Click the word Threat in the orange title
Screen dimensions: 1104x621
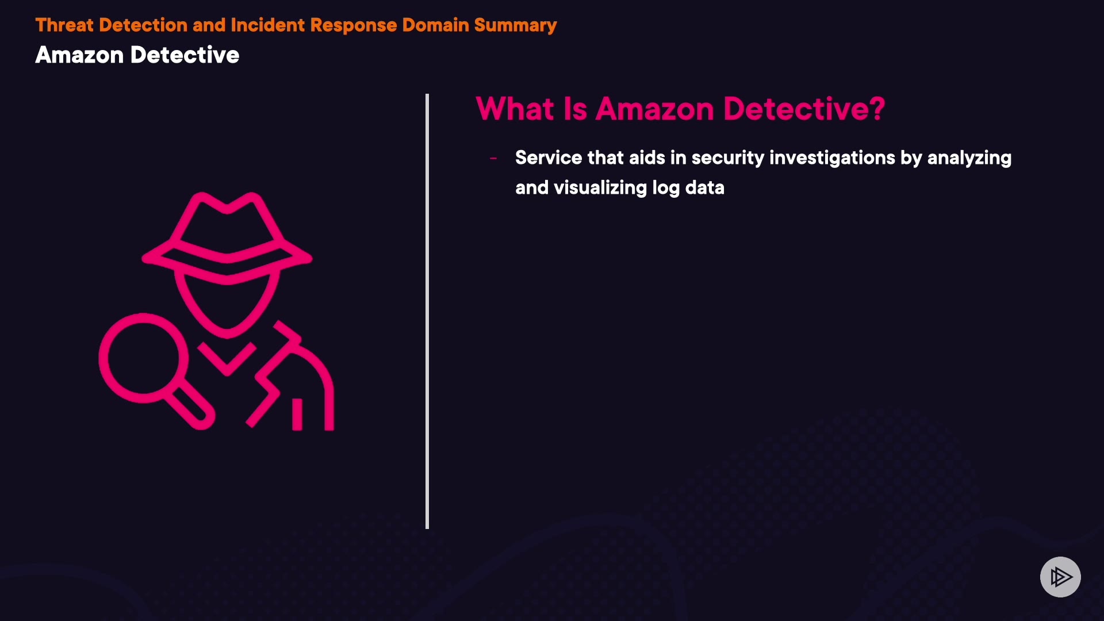click(x=64, y=25)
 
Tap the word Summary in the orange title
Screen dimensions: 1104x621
click(x=515, y=25)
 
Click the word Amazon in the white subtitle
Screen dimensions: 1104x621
click(x=79, y=55)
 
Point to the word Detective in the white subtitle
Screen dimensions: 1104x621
click(x=185, y=55)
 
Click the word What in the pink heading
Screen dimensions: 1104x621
click(x=515, y=109)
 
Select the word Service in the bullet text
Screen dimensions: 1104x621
click(x=549, y=158)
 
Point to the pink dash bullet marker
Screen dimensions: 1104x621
click(x=493, y=158)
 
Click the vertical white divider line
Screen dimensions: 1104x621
click(x=427, y=310)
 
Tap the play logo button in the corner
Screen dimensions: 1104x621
click(x=1060, y=577)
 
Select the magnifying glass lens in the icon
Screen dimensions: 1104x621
click(x=143, y=358)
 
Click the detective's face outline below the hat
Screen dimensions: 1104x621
click(x=227, y=305)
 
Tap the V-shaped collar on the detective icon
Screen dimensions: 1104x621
click(x=227, y=359)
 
